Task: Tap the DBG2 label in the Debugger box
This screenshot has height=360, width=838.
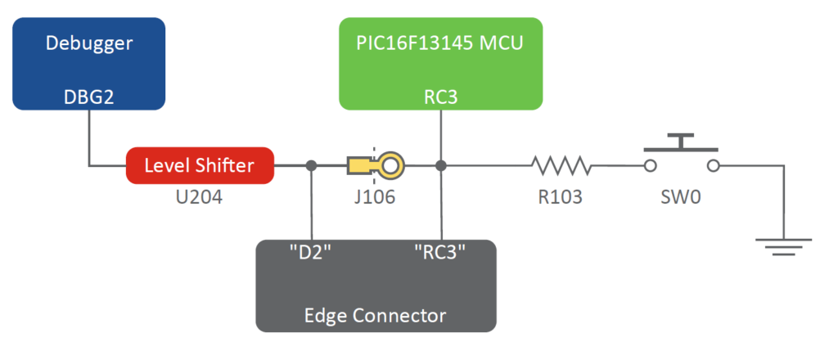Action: [88, 97]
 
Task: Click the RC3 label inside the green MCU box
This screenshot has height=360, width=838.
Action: [441, 97]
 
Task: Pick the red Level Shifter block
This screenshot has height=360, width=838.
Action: [200, 166]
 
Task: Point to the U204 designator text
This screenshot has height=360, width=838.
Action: [200, 198]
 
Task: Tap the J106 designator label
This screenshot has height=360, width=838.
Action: [375, 198]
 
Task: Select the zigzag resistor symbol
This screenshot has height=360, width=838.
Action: [561, 166]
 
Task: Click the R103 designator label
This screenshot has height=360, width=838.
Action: [561, 198]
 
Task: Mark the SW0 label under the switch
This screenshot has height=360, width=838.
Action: [681, 198]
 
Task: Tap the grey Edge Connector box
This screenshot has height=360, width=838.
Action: [376, 286]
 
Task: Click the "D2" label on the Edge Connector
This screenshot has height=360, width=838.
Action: [311, 252]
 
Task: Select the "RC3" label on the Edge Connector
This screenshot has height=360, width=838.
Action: [440, 252]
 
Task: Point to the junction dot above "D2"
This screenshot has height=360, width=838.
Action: [311, 166]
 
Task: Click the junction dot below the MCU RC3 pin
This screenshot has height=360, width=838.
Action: [441, 166]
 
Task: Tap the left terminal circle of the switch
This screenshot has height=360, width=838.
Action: [650, 166]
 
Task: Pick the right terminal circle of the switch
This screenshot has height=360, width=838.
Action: [713, 166]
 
